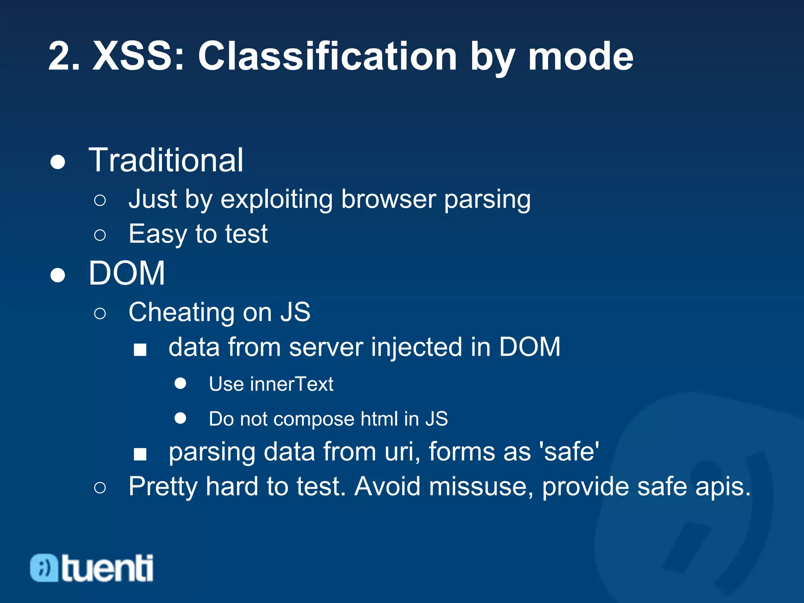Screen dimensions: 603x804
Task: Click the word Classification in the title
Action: coord(327,57)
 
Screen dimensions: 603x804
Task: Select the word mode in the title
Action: coord(580,57)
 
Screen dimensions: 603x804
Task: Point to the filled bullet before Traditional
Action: coord(58,162)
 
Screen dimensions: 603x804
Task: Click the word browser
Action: coord(388,199)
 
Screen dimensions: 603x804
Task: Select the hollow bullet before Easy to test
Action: coord(100,235)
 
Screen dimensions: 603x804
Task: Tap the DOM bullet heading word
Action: coord(126,273)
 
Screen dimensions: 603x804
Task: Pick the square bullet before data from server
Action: coord(140,349)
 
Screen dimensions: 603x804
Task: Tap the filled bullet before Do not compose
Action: coord(180,418)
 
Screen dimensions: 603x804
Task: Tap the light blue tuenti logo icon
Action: coord(44,568)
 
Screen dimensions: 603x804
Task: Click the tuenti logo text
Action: coord(107,568)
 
